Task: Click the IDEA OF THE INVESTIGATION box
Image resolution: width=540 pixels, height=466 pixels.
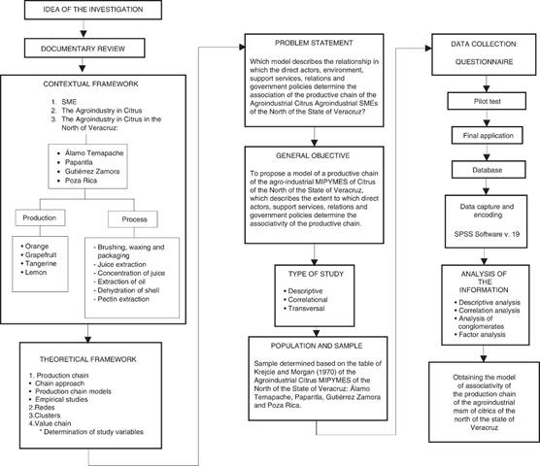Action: click(x=93, y=10)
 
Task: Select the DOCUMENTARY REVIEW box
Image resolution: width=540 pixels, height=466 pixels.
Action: click(x=84, y=49)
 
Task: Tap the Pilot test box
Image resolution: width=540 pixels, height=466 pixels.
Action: click(x=487, y=101)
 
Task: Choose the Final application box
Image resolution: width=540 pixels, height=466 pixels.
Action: click(x=487, y=136)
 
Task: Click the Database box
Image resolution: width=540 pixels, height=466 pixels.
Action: click(x=489, y=170)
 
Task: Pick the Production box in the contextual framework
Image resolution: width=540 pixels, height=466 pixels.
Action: click(x=40, y=217)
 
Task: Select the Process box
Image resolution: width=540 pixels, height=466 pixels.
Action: click(x=133, y=219)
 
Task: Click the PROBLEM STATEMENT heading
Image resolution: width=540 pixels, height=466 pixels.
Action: click(x=314, y=43)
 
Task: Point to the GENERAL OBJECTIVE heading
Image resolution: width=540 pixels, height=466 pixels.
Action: click(x=313, y=155)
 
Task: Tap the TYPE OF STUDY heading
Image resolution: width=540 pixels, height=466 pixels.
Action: click(x=316, y=274)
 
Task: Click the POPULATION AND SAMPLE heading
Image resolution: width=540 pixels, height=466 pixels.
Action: click(x=317, y=346)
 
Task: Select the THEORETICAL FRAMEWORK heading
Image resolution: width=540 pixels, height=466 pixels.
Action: click(x=87, y=359)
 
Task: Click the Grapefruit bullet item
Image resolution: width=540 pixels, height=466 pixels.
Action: click(x=38, y=255)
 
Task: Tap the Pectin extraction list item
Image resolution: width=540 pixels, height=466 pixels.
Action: click(x=121, y=299)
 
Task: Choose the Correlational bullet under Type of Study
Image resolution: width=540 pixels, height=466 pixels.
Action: click(x=306, y=300)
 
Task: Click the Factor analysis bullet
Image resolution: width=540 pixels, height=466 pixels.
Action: click(x=480, y=335)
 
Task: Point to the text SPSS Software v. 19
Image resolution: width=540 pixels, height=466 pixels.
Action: click(x=487, y=234)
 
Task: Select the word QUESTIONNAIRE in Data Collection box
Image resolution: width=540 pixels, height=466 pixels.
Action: click(x=484, y=62)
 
